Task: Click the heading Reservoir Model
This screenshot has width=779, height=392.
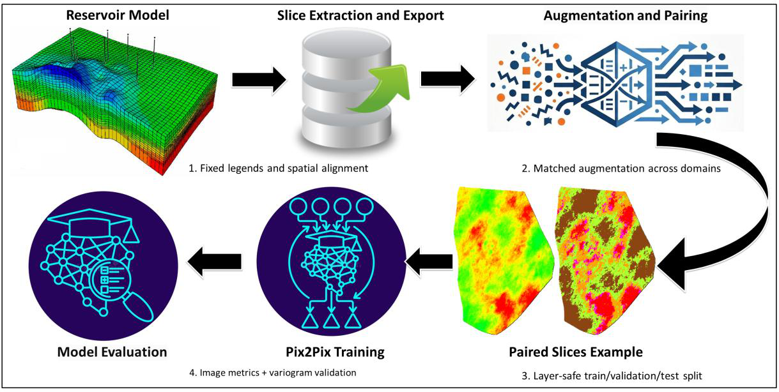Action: pyautogui.click(x=118, y=15)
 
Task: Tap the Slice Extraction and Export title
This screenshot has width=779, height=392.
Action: pyautogui.click(x=360, y=15)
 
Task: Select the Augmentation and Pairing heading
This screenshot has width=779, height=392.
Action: pyautogui.click(x=625, y=15)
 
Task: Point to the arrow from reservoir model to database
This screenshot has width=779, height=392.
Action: pyautogui.click(x=259, y=80)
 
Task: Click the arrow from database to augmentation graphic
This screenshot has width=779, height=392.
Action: pyautogui.click(x=447, y=79)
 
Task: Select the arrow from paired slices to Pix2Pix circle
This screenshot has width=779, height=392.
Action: pyautogui.click(x=429, y=262)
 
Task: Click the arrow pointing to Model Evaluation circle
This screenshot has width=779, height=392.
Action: pyautogui.click(x=215, y=262)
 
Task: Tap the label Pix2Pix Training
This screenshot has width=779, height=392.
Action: pyautogui.click(x=335, y=352)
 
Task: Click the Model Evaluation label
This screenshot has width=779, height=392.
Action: pyautogui.click(x=112, y=352)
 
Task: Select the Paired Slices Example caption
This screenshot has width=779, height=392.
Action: pyautogui.click(x=576, y=352)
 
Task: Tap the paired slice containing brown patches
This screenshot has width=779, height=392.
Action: pyautogui.click(x=605, y=260)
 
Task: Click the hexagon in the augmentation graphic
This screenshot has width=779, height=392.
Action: pyautogui.click(x=617, y=84)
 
